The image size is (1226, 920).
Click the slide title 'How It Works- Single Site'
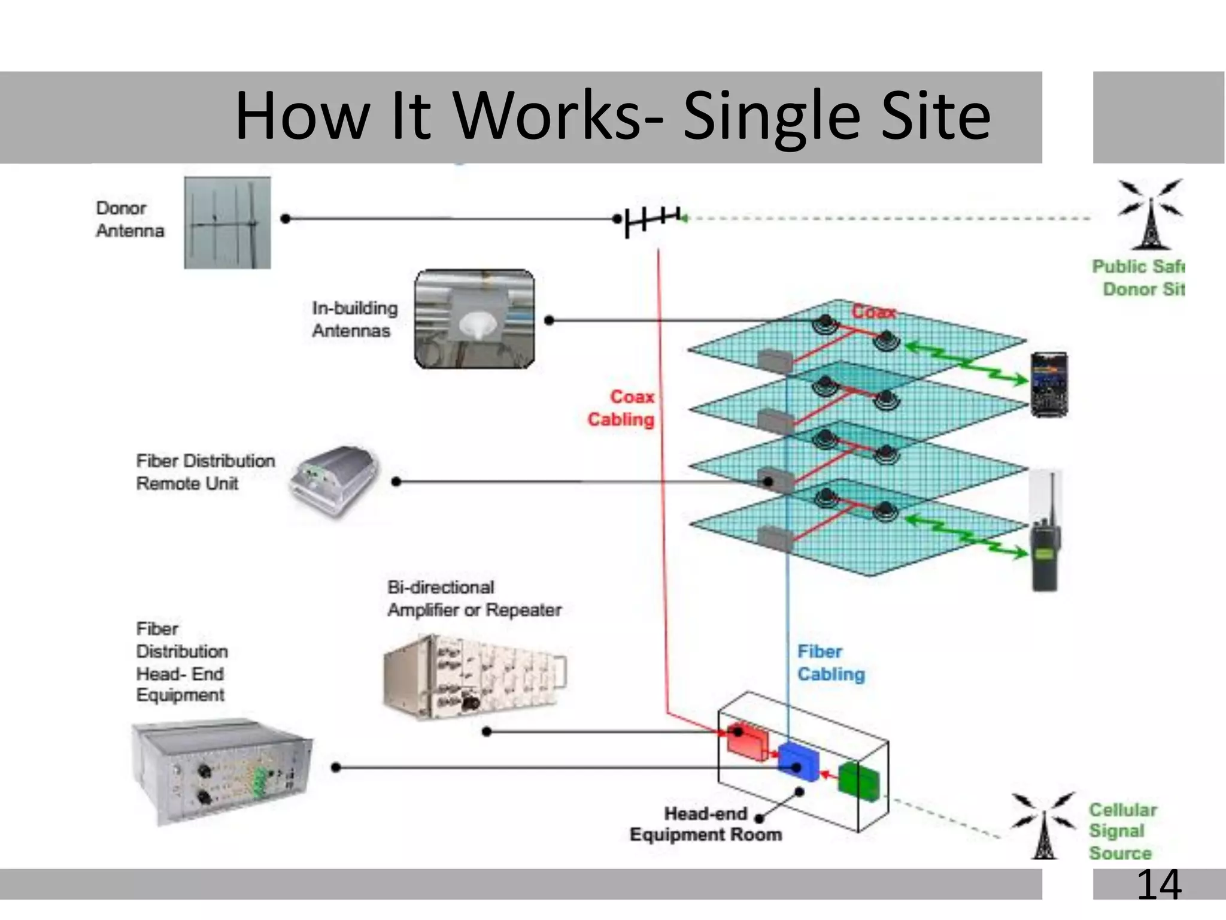coord(612,116)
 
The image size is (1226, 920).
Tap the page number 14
coord(1158,885)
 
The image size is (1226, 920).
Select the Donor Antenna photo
coord(227,223)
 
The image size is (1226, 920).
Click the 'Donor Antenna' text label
coord(129,220)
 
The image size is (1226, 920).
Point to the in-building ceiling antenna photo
coord(475,319)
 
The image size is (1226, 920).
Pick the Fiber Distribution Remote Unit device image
coord(335,482)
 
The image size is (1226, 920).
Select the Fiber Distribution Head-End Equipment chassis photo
coord(221,771)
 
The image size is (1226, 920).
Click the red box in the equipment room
coord(746,742)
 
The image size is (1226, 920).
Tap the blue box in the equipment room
coord(799,762)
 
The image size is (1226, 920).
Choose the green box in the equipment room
coord(858,780)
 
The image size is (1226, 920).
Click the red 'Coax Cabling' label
coord(621,408)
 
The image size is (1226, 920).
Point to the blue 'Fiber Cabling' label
coord(831,663)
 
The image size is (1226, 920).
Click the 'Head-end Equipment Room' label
coord(706,824)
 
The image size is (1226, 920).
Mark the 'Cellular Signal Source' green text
coord(1121,831)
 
